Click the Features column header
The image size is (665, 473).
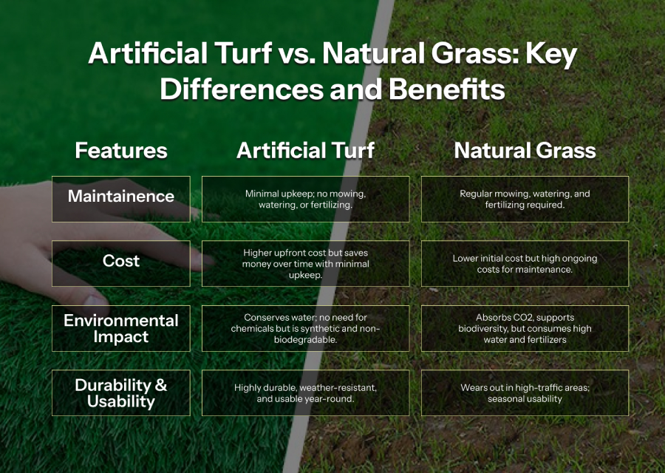pyautogui.click(x=121, y=151)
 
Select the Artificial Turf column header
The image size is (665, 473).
pyautogui.click(x=305, y=151)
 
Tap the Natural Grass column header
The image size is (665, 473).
pyautogui.click(x=525, y=151)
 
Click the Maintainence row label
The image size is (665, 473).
pyautogui.click(x=121, y=199)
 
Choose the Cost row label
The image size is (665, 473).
pyautogui.click(x=121, y=263)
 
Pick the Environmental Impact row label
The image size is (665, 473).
pyautogui.click(x=121, y=328)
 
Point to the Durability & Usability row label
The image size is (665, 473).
pyautogui.click(x=121, y=393)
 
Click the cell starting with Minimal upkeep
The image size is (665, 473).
pyautogui.click(x=305, y=199)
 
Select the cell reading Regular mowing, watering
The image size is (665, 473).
pyautogui.click(x=525, y=199)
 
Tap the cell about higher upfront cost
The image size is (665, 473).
pyautogui.click(x=305, y=263)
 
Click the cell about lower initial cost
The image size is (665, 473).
pyautogui.click(x=525, y=263)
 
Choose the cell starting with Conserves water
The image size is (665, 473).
pyautogui.click(x=305, y=328)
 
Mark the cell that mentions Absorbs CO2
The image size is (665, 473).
pyautogui.click(x=525, y=328)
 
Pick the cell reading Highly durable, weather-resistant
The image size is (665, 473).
pyautogui.click(x=305, y=393)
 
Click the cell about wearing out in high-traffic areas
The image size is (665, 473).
pyautogui.click(x=525, y=393)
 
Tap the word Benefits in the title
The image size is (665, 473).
pyautogui.click(x=446, y=89)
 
